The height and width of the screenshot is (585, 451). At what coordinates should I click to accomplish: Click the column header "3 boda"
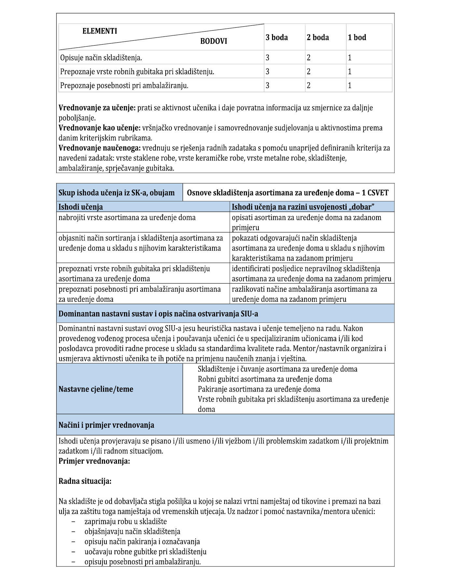coord(277,37)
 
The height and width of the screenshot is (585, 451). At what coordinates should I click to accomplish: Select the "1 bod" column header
coord(357,37)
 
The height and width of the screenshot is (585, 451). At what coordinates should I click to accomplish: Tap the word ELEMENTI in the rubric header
coord(100,31)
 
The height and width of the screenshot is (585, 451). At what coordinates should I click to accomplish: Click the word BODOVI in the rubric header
coord(213,41)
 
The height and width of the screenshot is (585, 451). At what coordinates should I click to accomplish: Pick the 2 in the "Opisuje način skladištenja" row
coord(308,58)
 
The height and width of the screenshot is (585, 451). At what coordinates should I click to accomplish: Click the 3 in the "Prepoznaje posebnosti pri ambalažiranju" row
coord(267,86)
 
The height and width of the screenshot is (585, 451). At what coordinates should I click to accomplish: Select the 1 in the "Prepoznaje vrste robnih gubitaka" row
coord(350,72)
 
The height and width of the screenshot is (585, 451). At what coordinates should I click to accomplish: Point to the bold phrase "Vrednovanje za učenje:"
coord(97,108)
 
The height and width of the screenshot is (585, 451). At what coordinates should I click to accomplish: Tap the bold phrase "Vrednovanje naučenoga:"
coord(100,148)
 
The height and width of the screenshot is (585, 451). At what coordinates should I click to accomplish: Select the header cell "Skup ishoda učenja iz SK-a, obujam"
coord(116,193)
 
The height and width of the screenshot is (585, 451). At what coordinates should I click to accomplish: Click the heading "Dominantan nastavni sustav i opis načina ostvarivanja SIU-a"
coord(158,314)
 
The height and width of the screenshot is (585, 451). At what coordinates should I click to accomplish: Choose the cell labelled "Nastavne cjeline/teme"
coord(96,389)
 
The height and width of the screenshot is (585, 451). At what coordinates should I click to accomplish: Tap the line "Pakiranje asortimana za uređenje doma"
coord(259,389)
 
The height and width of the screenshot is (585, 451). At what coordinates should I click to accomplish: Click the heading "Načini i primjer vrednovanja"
coord(106,425)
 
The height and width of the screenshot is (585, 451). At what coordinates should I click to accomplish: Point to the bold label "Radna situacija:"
coord(85,481)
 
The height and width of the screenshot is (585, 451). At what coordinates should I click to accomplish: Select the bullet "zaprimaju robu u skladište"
coord(126,522)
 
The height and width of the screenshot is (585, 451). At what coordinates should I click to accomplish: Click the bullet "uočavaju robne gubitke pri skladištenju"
coord(145,552)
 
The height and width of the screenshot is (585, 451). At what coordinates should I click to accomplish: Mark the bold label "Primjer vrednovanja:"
coord(94,461)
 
